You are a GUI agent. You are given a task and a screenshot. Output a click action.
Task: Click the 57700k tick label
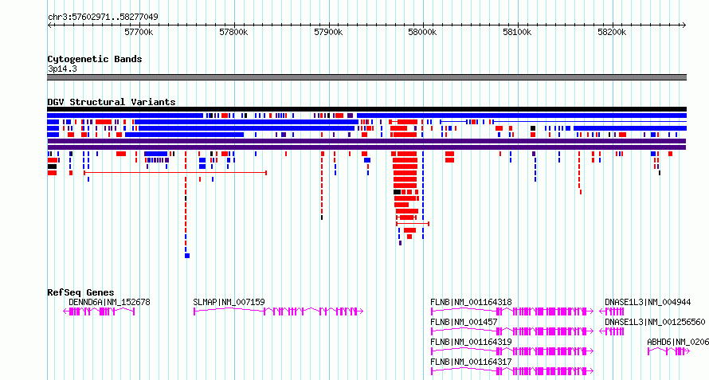pyautogui.click(x=139, y=32)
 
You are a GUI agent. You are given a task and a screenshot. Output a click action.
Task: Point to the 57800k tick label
pyautogui.click(x=233, y=32)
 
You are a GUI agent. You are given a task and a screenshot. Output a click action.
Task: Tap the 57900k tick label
pyautogui.click(x=328, y=32)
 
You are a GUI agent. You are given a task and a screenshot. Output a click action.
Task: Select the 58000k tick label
pyautogui.click(x=422, y=32)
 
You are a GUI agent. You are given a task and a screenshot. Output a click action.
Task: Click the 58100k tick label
pyautogui.click(x=517, y=32)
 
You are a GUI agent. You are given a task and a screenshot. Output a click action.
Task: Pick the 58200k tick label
pyautogui.click(x=612, y=32)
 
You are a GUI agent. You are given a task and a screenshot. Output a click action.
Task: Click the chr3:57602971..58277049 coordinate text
pyautogui.click(x=103, y=18)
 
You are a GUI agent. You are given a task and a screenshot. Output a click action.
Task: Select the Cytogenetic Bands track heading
pyautogui.click(x=95, y=59)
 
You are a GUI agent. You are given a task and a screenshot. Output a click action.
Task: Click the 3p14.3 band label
pyautogui.click(x=62, y=69)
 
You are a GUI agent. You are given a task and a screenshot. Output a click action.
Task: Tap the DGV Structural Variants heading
pyautogui.click(x=112, y=102)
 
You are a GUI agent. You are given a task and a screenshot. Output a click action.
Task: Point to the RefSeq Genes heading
pyautogui.click(x=81, y=292)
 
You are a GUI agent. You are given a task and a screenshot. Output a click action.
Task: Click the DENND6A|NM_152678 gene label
pyautogui.click(x=109, y=302)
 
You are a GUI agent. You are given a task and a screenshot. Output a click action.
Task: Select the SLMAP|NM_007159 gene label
pyautogui.click(x=229, y=302)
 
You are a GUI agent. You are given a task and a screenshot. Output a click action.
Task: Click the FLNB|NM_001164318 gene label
pyautogui.click(x=471, y=302)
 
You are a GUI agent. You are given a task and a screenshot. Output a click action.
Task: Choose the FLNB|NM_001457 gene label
pyautogui.click(x=464, y=322)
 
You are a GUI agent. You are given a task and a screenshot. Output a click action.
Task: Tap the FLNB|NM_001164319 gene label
pyautogui.click(x=471, y=342)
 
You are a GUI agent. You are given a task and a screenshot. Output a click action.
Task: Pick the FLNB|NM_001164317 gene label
pyautogui.click(x=471, y=362)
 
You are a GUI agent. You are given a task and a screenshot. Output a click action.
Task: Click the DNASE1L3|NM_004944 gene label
pyautogui.click(x=648, y=302)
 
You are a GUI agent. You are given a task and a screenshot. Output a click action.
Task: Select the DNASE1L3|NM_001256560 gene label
pyautogui.click(x=655, y=322)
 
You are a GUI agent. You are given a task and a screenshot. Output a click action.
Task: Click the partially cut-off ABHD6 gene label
pyautogui.click(x=678, y=342)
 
